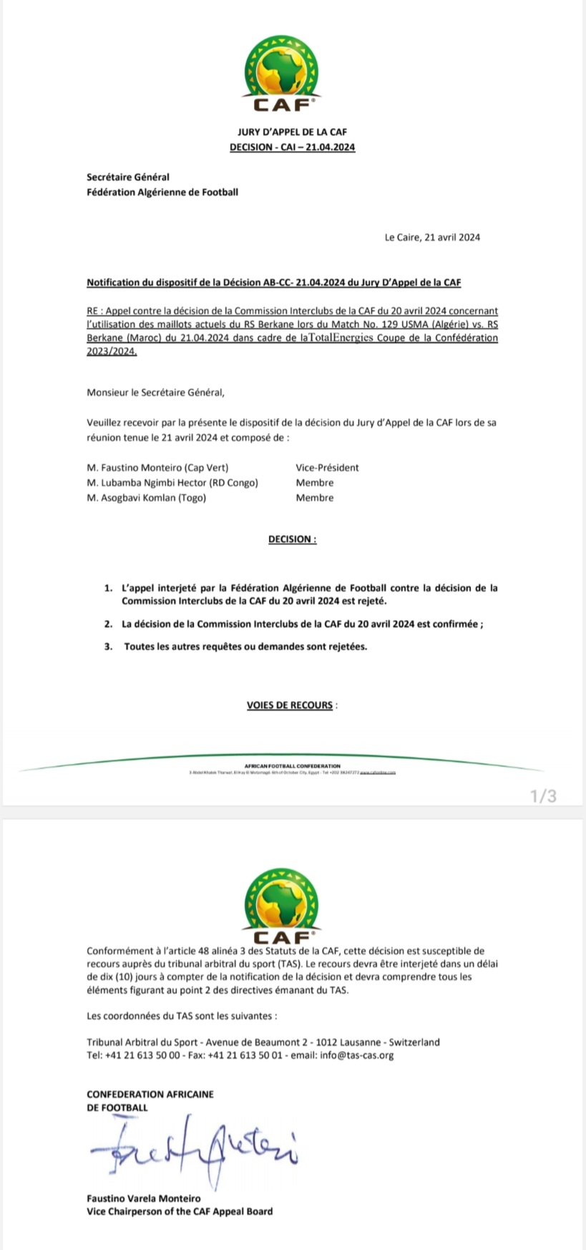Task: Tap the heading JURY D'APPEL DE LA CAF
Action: pos(292,132)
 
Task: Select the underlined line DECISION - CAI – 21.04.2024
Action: pos(292,147)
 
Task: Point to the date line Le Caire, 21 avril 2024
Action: pos(432,237)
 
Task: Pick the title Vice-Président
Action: pos(327,467)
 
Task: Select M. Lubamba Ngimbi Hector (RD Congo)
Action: pos(172,483)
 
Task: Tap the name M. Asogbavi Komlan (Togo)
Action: pos(146,498)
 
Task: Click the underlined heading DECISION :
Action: pos(292,539)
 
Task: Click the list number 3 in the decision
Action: pos(108,646)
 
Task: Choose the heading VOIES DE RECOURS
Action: pos(290,705)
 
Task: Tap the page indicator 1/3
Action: pos(543,795)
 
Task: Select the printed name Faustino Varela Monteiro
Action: pos(143,1198)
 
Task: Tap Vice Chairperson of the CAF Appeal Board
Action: pos(179,1211)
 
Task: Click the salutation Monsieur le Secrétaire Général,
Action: pos(155,392)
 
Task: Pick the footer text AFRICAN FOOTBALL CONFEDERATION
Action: pos(292,766)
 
